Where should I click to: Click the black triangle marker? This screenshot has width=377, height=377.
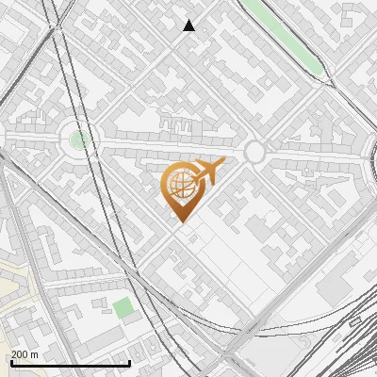click(189, 25)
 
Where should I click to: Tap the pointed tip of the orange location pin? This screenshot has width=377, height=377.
click(181, 221)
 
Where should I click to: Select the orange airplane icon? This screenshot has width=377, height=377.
click(208, 172)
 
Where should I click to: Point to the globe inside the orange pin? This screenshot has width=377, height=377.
click(181, 184)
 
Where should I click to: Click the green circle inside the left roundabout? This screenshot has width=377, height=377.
click(80, 139)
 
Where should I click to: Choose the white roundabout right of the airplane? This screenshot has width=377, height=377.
click(254, 152)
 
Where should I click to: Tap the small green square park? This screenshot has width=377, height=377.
click(123, 307)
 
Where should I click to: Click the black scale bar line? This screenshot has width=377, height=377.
click(71, 363)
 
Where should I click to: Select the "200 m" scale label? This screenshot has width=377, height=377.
click(25, 354)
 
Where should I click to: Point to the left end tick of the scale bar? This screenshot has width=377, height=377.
click(11, 362)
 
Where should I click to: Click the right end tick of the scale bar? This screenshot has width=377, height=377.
click(129, 362)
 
